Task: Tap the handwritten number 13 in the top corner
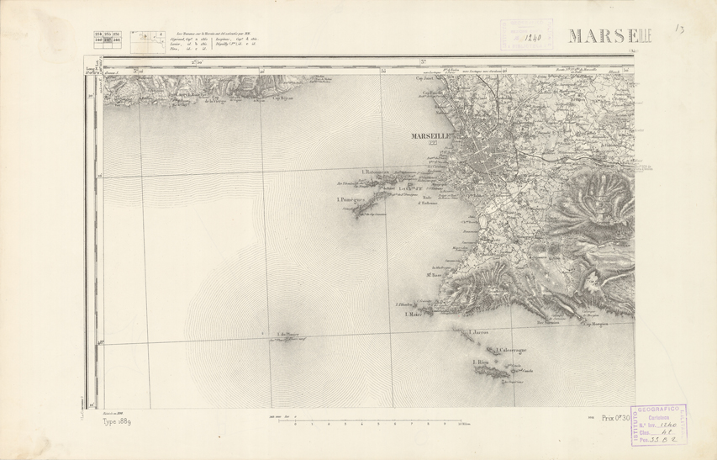679,29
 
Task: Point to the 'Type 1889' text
117,421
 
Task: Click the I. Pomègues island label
349,199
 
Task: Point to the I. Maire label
412,315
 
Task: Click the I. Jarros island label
480,332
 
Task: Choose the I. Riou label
481,362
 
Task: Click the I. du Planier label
287,335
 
